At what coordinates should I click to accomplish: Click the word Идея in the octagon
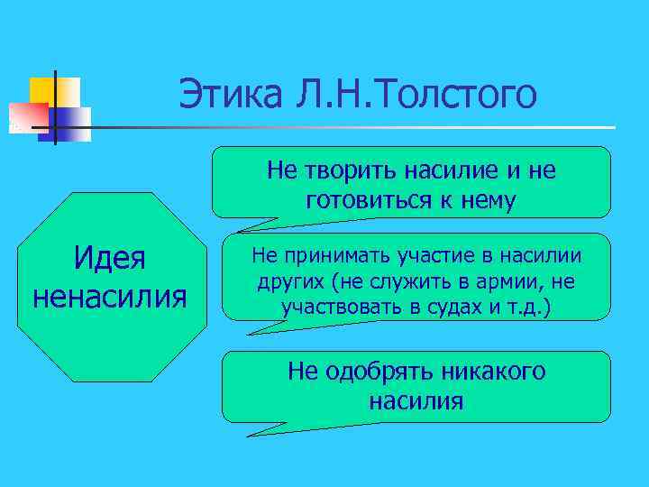pos(109,262)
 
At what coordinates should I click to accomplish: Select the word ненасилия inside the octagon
pos(109,295)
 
